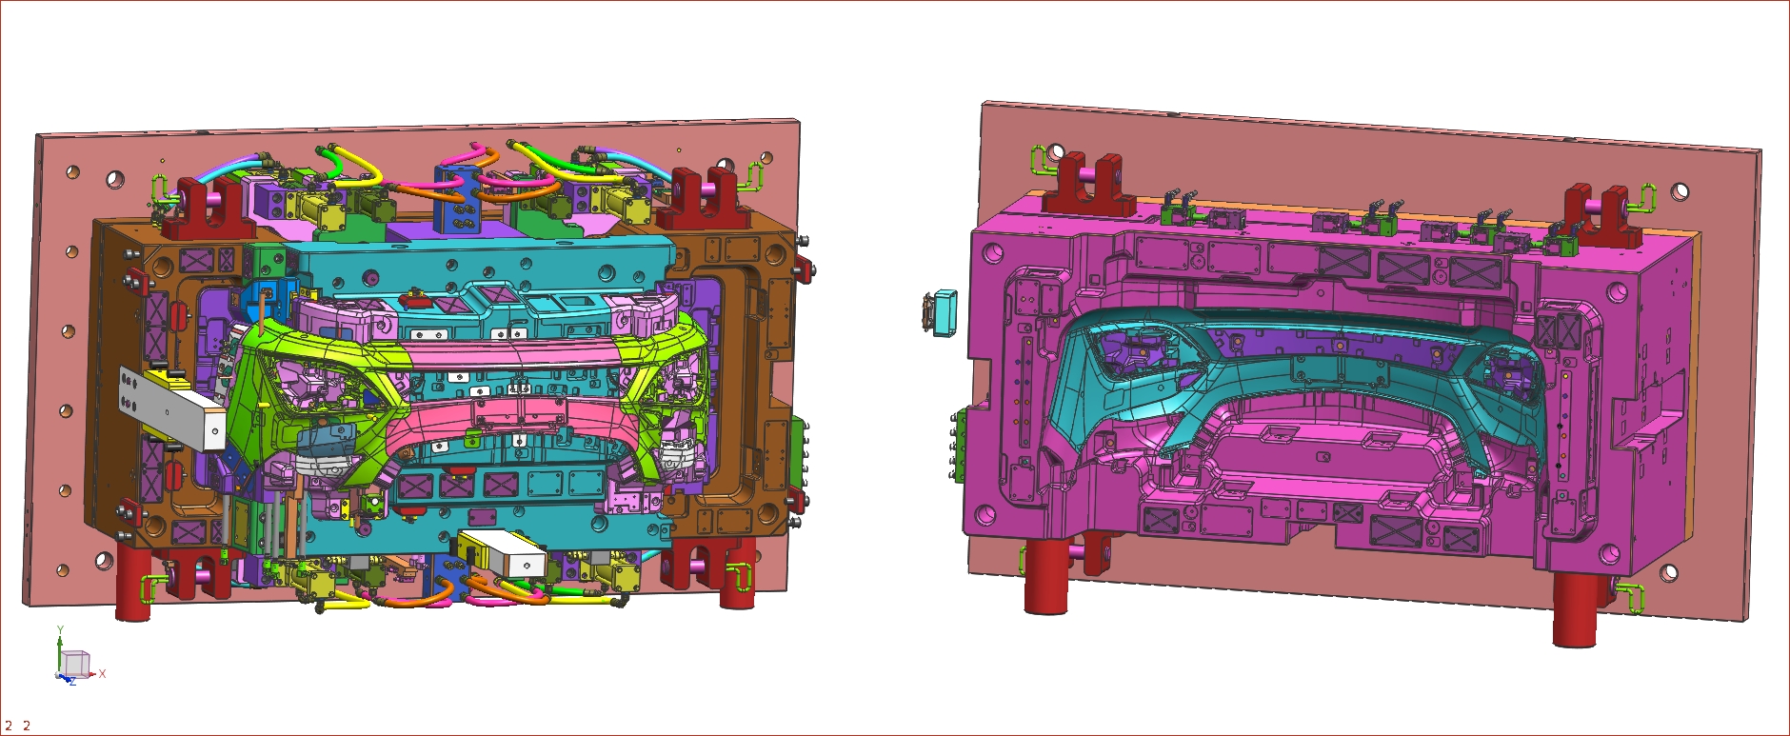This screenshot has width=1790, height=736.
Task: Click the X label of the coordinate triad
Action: pos(102,673)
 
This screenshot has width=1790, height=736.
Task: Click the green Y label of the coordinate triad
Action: pos(60,630)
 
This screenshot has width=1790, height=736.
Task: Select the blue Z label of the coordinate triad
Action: pos(72,682)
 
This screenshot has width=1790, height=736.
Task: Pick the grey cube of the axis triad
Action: pos(75,663)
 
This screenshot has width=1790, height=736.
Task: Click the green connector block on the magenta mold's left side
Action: pos(961,446)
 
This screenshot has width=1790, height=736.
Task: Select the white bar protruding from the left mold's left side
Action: pos(171,409)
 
